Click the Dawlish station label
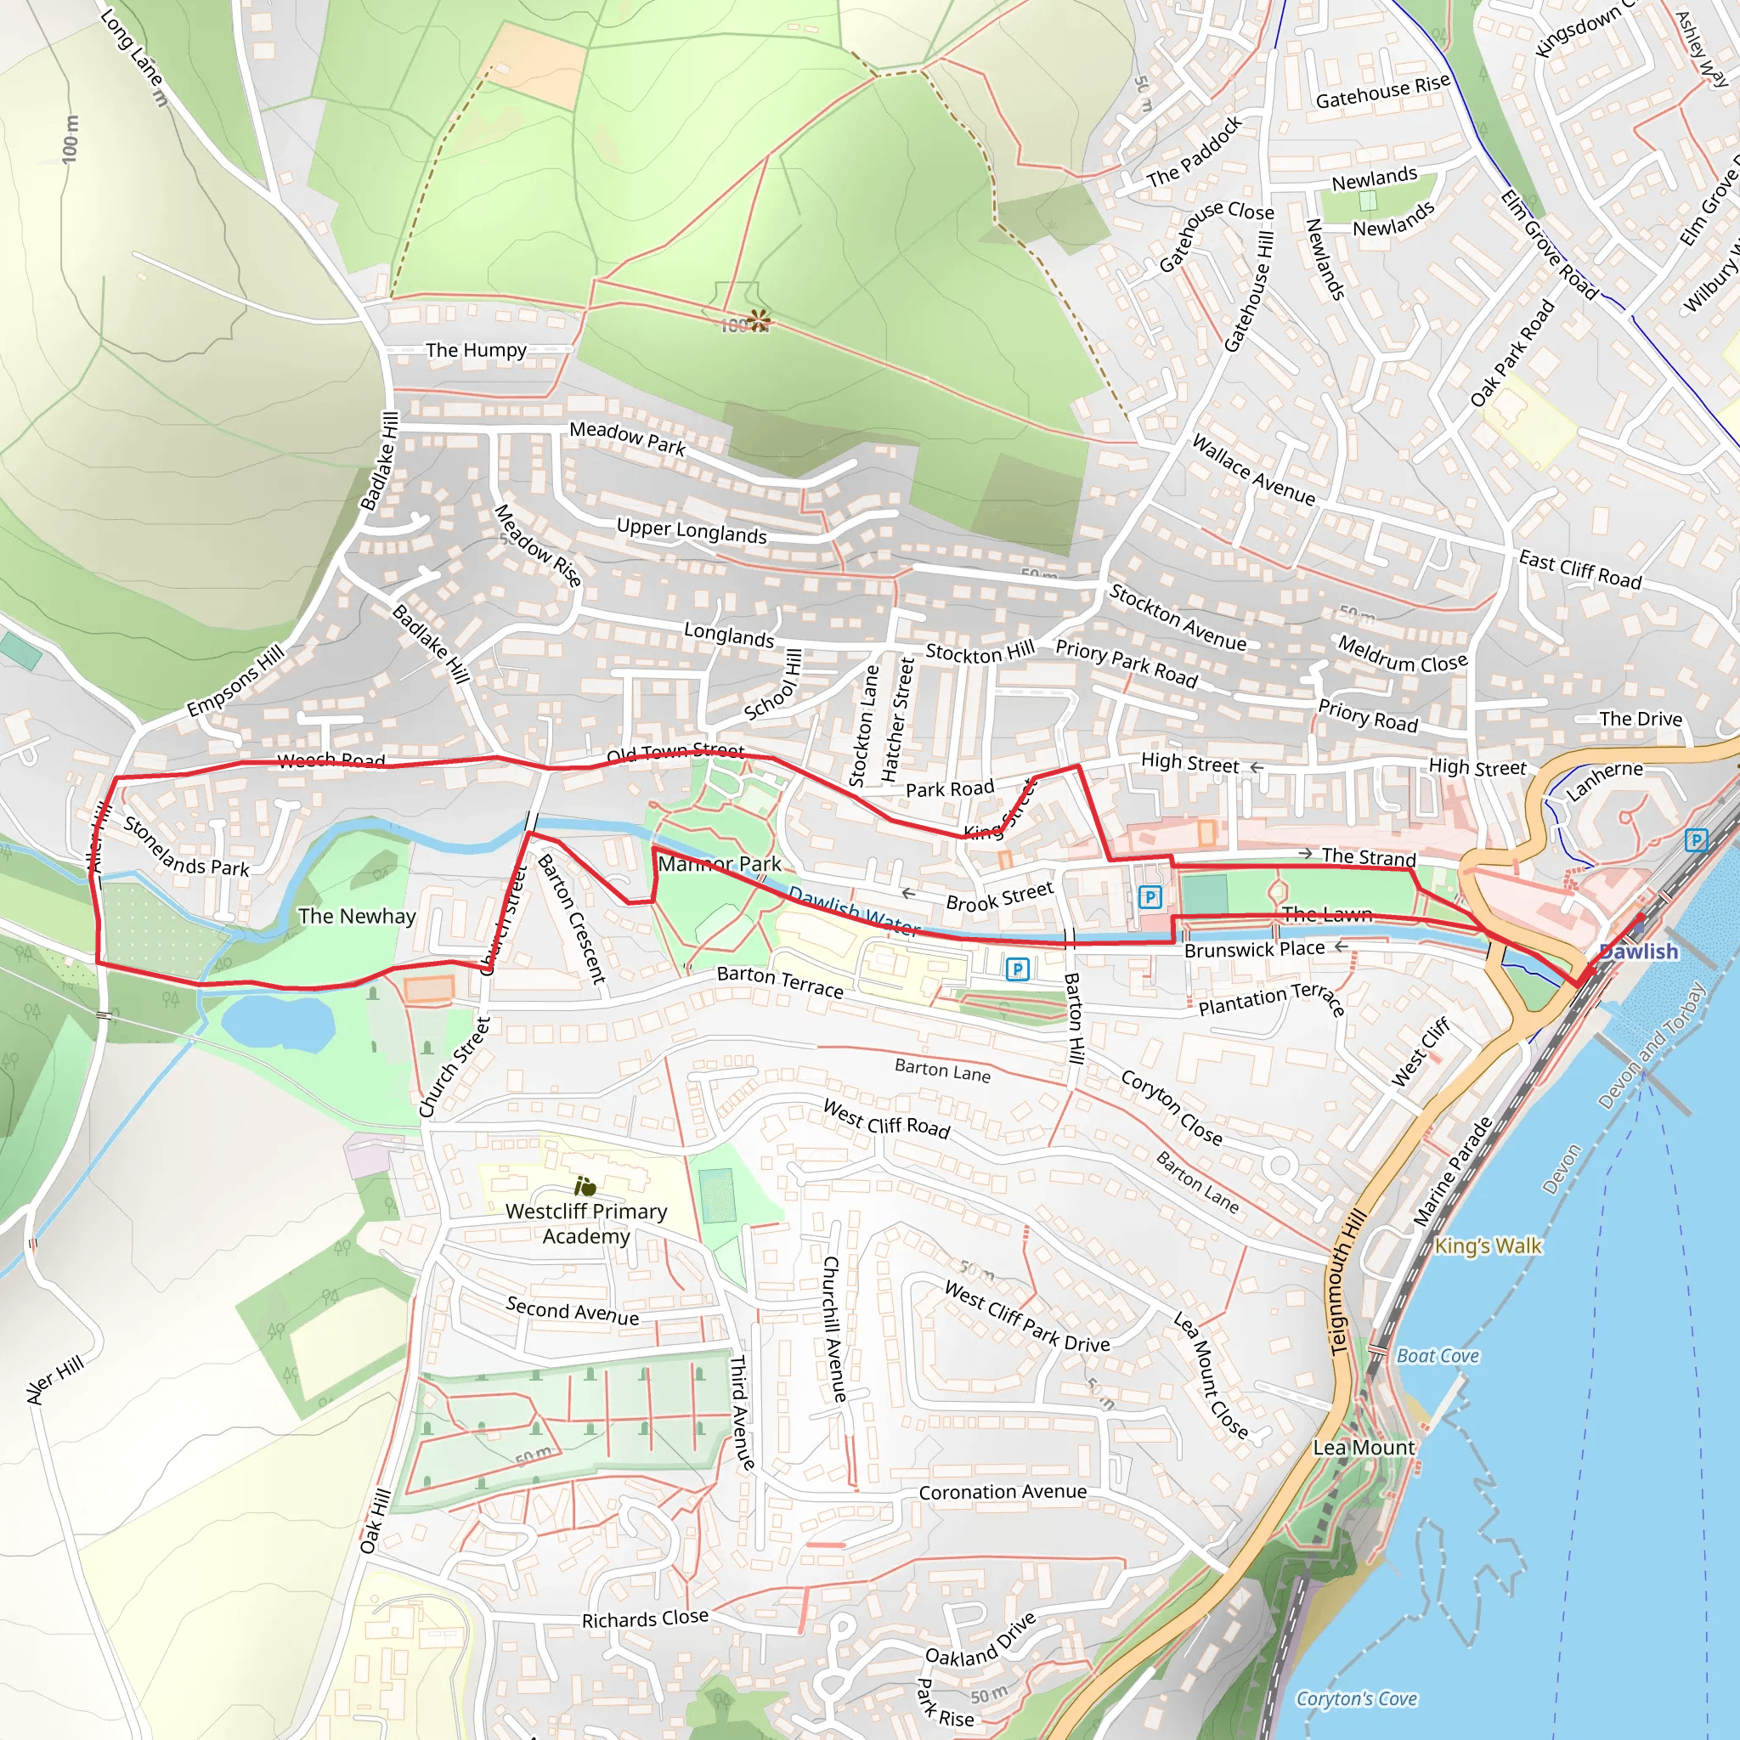click(x=1638, y=952)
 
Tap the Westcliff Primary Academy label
click(x=586, y=1224)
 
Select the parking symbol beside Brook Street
click(x=1150, y=897)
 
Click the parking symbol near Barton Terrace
click(x=1017, y=969)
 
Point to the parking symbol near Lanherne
click(x=1696, y=840)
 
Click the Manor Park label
click(x=720, y=864)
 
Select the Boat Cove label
click(x=1438, y=1355)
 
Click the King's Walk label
click(x=1488, y=1246)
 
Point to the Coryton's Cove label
click(x=1356, y=1698)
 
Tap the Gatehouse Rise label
click(x=1382, y=91)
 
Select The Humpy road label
click(x=476, y=349)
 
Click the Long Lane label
click(x=133, y=56)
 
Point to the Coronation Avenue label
click(x=1003, y=1492)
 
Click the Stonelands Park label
click(x=185, y=846)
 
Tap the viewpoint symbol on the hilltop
click(x=760, y=319)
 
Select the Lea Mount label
click(x=1364, y=1447)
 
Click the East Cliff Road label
click(x=1579, y=569)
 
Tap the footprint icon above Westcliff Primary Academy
click(x=585, y=1186)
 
